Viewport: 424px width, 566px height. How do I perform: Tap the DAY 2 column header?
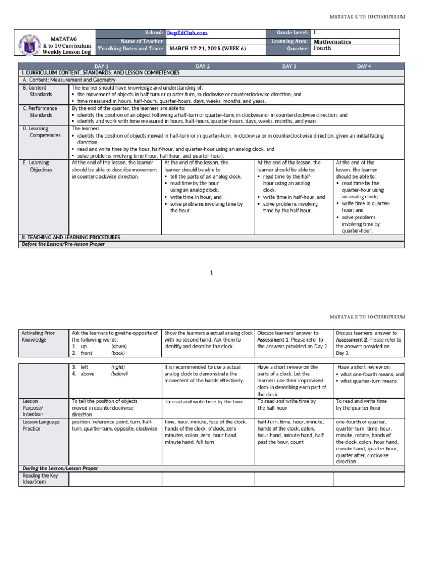(x=203, y=66)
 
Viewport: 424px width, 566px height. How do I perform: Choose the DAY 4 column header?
(x=364, y=66)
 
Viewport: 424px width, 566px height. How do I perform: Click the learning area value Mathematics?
(x=332, y=41)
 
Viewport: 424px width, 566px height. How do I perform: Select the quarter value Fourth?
(x=322, y=49)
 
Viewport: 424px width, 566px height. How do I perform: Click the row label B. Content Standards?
(x=38, y=91)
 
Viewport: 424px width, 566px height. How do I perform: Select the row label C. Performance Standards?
(x=40, y=112)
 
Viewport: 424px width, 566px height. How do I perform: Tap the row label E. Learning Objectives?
(x=38, y=166)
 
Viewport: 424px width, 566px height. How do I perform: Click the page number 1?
(x=211, y=272)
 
